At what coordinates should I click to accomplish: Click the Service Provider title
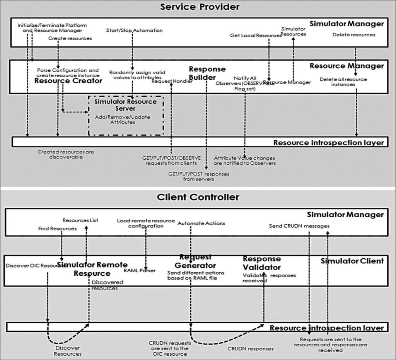click(200, 7)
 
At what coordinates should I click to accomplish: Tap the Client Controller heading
click(198, 197)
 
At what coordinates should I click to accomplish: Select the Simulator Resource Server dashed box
click(126, 115)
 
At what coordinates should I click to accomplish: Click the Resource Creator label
click(68, 81)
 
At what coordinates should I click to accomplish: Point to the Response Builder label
click(207, 73)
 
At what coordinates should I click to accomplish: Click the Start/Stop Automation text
click(134, 30)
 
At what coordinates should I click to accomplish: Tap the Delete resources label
click(354, 35)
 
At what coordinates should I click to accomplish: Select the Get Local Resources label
click(256, 36)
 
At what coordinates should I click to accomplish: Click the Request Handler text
click(172, 81)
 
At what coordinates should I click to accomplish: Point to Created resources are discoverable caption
click(66, 154)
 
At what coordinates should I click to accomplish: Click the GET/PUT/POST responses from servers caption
click(198, 176)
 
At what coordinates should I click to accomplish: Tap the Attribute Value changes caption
click(245, 160)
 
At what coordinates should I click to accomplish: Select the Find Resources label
click(57, 229)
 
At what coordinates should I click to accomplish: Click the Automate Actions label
click(201, 223)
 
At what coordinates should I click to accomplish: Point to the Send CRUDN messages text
click(299, 226)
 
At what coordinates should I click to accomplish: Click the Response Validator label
click(262, 263)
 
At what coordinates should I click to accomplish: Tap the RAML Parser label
click(140, 270)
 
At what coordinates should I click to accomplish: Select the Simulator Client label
click(352, 261)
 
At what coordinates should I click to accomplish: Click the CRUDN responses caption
click(250, 348)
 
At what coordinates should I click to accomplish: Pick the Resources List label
click(80, 220)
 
